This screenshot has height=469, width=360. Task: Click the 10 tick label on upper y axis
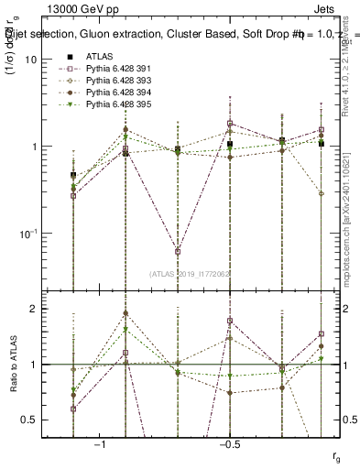coord(31,60)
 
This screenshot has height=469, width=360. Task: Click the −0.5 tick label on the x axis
coord(228,444)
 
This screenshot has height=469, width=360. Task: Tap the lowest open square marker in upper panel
coord(178,251)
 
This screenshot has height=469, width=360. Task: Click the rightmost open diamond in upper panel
coord(322,193)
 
